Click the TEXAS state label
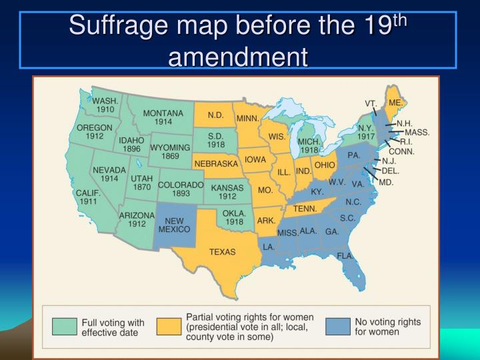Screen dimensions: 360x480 (223, 252)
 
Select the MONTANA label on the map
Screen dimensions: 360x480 (163, 113)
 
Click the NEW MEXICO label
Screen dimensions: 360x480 (174, 224)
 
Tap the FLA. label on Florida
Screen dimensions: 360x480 (345, 256)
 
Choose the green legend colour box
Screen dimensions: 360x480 (65, 326)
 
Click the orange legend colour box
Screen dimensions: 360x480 (169, 326)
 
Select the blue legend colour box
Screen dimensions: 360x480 (338, 326)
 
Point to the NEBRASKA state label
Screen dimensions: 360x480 (216, 163)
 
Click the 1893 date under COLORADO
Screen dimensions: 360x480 (181, 193)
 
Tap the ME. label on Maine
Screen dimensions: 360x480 (396, 103)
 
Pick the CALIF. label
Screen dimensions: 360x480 (87, 192)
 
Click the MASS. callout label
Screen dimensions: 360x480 (417, 132)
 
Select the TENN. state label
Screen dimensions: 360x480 (305, 208)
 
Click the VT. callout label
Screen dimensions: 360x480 (371, 103)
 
